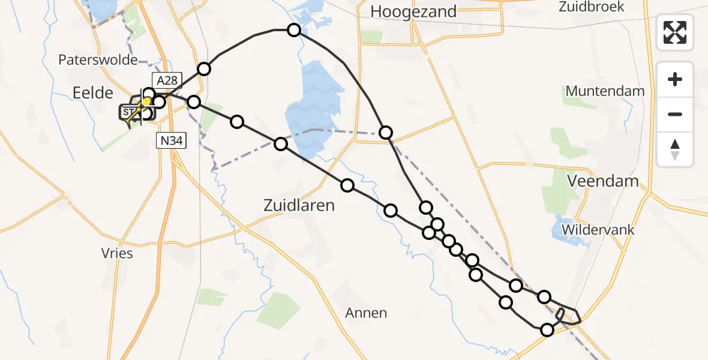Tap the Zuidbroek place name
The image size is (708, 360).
(591, 7)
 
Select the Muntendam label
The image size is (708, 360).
(605, 91)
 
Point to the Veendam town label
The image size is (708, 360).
(604, 181)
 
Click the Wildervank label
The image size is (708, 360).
(598, 230)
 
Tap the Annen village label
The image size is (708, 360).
(366, 313)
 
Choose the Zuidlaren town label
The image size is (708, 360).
(299, 205)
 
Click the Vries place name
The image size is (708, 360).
(118, 253)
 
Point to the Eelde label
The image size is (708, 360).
(92, 92)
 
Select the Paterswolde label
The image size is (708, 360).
(98, 59)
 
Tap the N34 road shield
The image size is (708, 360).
(171, 141)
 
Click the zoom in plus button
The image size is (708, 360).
(675, 80)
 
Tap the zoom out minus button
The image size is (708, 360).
(675, 114)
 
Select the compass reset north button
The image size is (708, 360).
(675, 149)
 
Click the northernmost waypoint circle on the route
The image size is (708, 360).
(294, 30)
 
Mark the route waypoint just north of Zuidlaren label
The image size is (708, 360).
(347, 185)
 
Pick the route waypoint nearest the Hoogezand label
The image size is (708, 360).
(294, 30)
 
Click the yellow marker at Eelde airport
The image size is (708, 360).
(146, 102)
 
